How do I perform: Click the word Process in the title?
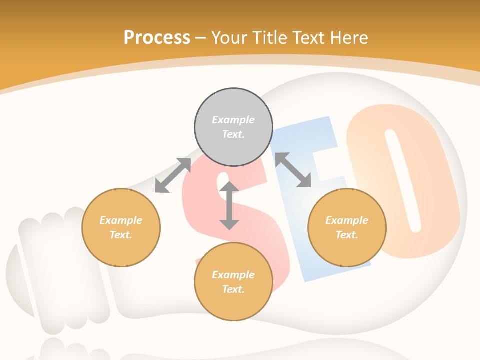[157, 37]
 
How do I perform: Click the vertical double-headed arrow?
[229, 205]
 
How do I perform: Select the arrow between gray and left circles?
[173, 175]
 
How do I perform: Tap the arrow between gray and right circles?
[293, 170]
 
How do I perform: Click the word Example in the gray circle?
[233, 120]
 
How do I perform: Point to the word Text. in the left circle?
[121, 235]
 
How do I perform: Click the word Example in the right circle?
[347, 220]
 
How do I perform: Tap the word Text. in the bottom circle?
[233, 289]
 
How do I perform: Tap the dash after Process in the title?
[201, 38]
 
